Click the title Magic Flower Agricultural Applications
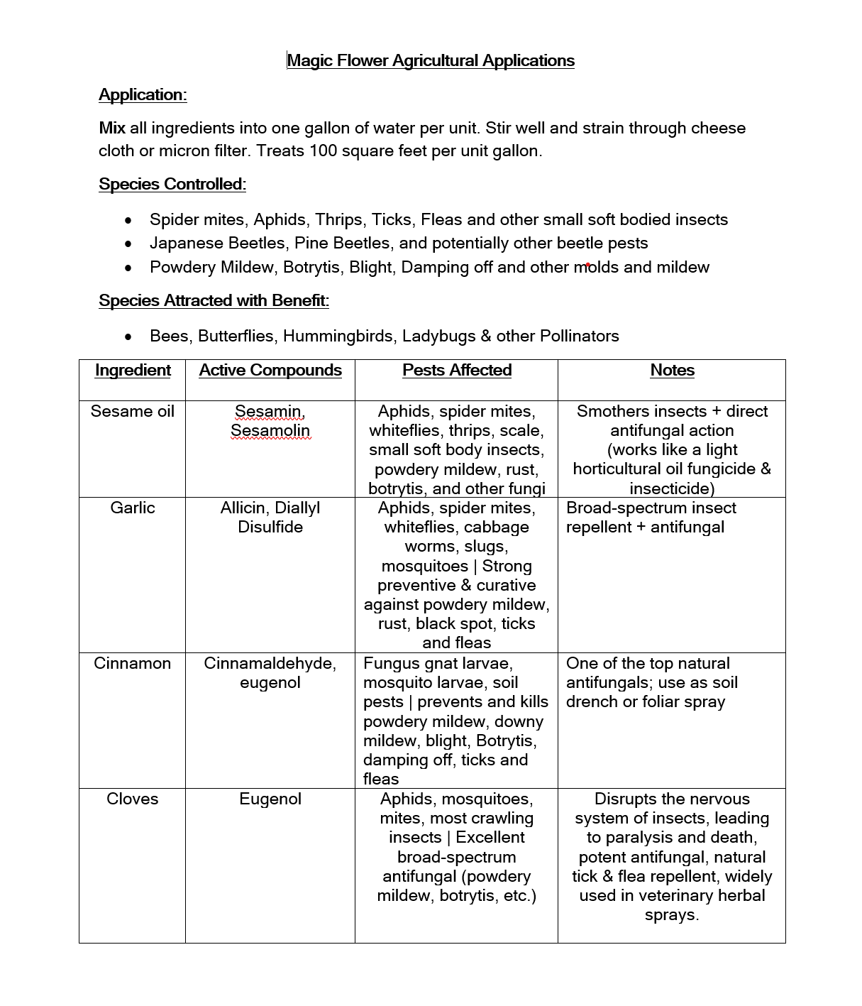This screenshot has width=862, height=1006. coord(431,60)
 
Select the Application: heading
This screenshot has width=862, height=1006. coord(143,94)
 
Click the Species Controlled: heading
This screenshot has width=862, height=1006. coord(172,184)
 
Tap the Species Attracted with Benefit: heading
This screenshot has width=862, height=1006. coord(214,300)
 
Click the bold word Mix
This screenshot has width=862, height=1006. coord(112,128)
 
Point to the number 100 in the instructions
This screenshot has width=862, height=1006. coord(323,151)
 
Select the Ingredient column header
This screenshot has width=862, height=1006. coord(133,370)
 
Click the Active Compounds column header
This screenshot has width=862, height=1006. coord(270,370)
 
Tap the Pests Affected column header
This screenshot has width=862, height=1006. coord(457,370)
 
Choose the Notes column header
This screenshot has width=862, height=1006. coord(672,370)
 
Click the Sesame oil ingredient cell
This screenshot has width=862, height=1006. coord(133,411)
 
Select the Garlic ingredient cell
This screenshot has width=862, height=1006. coord(133,508)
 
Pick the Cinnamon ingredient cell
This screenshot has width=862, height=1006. coord(133,663)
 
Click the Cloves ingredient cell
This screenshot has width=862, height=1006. coord(133,799)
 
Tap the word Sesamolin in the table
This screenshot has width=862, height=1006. coord(270,430)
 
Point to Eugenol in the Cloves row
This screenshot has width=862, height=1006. coord(270,799)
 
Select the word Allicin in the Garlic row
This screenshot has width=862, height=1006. coord(245,508)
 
